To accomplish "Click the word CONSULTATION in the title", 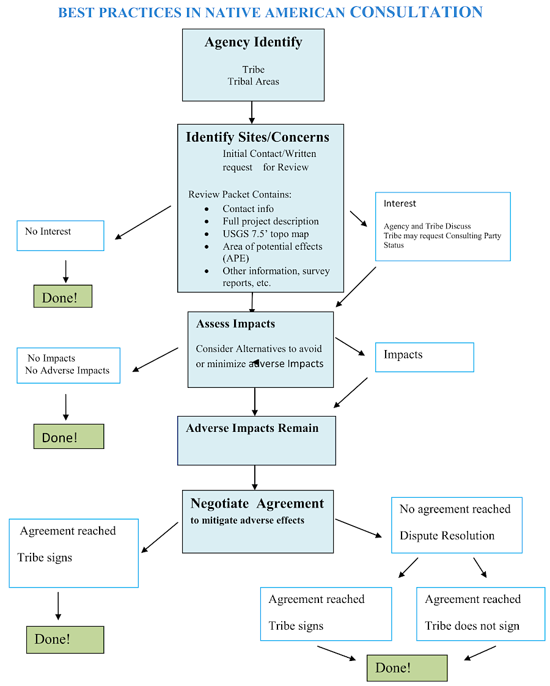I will tap(416, 12).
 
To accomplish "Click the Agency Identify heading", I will tap(253, 42).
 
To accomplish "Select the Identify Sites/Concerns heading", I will tap(257, 137).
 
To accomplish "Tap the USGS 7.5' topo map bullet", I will tap(265, 234).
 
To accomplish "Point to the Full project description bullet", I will tap(270, 221).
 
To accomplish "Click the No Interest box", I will tap(60, 235).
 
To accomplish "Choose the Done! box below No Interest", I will tap(62, 297).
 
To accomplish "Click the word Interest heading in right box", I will tap(400, 203).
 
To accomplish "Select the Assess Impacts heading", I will tap(235, 324).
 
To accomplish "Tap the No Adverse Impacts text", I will tap(67, 370).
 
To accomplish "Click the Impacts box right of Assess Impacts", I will tap(424, 357).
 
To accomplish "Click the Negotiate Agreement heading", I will tap(257, 503).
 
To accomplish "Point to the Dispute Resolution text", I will tap(447, 536).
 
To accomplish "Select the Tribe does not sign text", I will tap(472, 626).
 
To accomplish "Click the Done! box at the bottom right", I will tap(407, 668).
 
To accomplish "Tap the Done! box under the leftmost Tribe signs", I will tap(65, 640).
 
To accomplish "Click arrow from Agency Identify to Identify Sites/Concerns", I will tap(252, 112).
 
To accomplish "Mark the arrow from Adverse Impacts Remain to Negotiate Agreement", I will tap(255, 477).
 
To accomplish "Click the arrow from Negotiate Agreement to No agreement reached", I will tap(359, 528).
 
